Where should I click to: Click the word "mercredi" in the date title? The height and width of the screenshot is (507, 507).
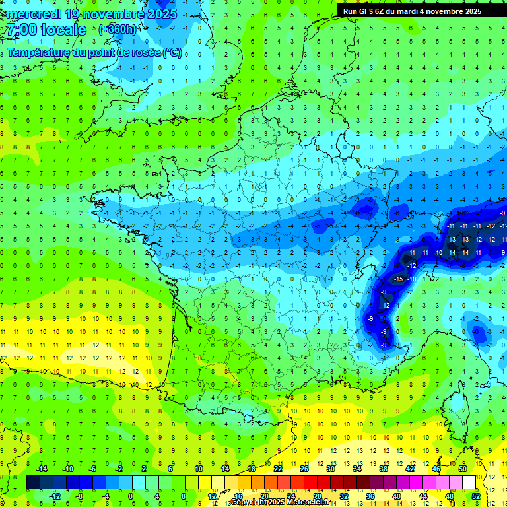click(32, 14)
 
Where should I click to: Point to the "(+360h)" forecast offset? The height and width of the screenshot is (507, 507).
click(118, 30)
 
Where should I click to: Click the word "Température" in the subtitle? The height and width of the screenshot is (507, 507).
click(38, 52)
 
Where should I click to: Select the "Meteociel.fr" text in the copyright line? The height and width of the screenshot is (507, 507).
click(308, 502)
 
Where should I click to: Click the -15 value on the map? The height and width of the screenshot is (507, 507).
click(398, 279)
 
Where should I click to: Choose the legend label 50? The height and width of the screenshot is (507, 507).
click(463, 468)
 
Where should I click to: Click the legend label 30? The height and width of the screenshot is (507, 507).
click(331, 468)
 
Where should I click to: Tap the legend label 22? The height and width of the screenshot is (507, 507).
click(278, 468)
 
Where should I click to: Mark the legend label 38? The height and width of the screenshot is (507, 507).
click(384, 468)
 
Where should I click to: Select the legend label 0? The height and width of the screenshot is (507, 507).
click(130, 496)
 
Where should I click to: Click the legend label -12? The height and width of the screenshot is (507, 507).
click(55, 496)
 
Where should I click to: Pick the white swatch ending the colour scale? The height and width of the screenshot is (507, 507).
click(469, 483)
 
